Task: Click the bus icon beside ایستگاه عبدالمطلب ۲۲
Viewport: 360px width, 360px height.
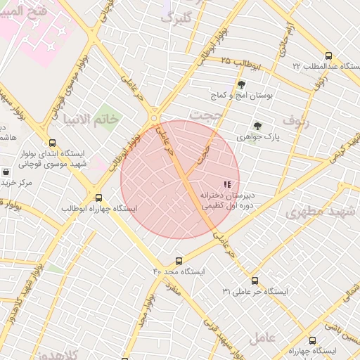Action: click(x=328, y=56)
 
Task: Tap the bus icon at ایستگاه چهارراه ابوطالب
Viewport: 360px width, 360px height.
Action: click(x=98, y=198)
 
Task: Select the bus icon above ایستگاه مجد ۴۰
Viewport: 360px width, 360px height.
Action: click(x=179, y=261)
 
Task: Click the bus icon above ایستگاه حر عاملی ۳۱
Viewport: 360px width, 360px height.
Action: click(x=254, y=281)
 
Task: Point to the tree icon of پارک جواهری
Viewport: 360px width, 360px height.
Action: click(x=259, y=127)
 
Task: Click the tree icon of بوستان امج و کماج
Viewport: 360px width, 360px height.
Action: click(x=242, y=84)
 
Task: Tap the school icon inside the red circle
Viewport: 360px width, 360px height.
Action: click(x=226, y=184)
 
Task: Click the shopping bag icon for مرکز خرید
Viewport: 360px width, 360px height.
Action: click(x=6, y=172)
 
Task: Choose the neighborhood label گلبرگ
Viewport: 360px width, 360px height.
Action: click(x=176, y=18)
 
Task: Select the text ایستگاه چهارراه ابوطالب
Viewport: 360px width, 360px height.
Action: click(x=99, y=209)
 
